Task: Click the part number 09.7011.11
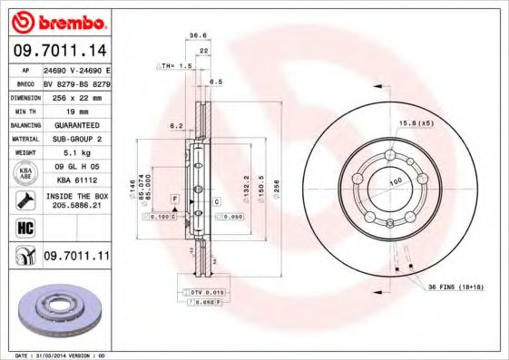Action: [x=76, y=258]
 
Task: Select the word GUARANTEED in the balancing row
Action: [x=76, y=124]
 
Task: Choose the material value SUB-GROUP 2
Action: [x=76, y=139]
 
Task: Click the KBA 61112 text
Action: [x=76, y=180]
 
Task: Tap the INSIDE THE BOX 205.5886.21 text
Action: [x=76, y=200]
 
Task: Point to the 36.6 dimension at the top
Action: [x=193, y=36]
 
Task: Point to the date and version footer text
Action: [x=57, y=355]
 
